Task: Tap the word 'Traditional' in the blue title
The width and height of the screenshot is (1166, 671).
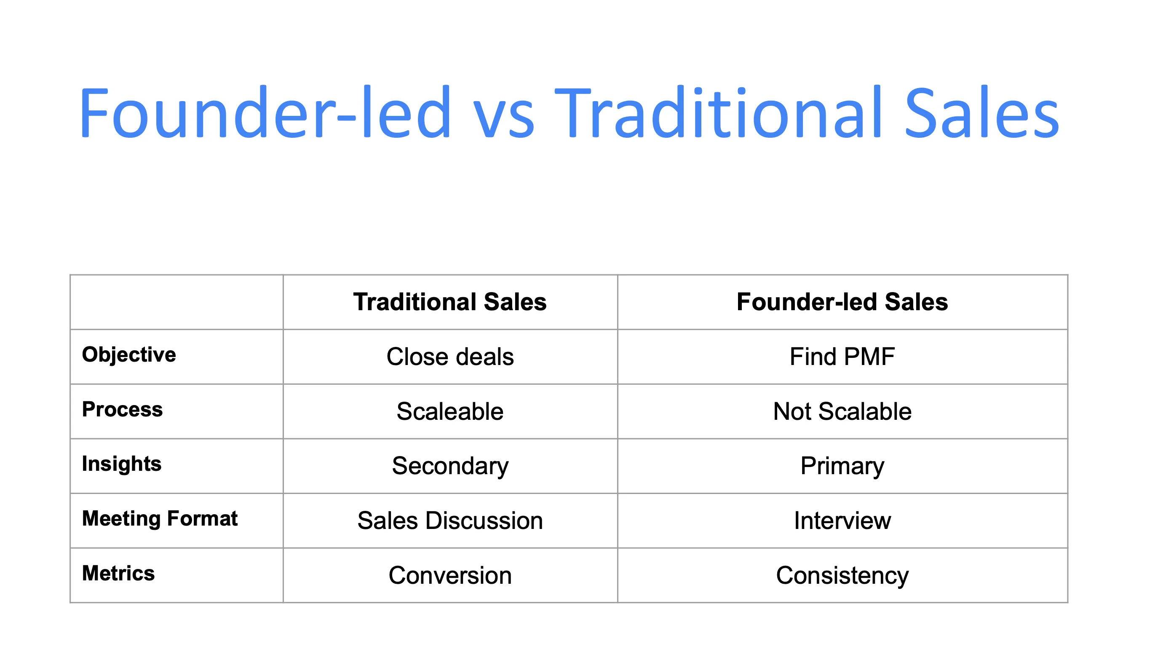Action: point(717,113)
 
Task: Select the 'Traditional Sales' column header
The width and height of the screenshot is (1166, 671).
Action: point(449,302)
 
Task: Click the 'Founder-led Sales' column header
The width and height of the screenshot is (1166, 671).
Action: point(842,302)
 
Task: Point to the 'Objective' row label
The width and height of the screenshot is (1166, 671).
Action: point(129,355)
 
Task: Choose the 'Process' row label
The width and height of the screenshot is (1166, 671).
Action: point(122,409)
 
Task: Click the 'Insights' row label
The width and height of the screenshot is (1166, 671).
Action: point(122,464)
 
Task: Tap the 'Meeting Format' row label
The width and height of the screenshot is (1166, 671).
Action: point(159,518)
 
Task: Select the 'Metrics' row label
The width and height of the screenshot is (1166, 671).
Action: point(118,573)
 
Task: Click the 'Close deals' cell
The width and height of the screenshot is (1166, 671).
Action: point(449,357)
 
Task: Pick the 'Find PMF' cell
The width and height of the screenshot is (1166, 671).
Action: point(842,357)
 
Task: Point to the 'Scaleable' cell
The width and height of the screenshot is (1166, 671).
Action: point(449,411)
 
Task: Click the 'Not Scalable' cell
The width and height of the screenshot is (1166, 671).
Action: point(842,411)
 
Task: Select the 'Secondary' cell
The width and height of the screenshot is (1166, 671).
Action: point(449,466)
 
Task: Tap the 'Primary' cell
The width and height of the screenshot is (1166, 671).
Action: point(842,466)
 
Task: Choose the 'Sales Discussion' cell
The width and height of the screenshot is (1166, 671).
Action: point(449,521)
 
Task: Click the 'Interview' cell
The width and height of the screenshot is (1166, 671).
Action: point(842,521)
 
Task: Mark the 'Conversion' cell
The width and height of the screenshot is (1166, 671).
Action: point(449,576)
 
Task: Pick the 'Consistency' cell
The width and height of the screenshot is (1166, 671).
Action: point(842,576)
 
